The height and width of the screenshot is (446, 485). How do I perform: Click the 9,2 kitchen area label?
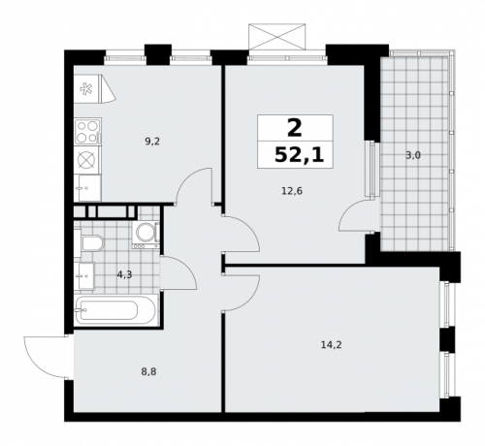tap(152, 142)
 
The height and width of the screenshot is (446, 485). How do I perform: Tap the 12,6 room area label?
tap(290, 190)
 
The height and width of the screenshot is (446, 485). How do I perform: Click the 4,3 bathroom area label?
tap(124, 274)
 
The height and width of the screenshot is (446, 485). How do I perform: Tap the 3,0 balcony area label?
tap(411, 154)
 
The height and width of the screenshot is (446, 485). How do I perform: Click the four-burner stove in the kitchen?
tap(87, 128)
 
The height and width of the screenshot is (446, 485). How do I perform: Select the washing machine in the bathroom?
tap(146, 232)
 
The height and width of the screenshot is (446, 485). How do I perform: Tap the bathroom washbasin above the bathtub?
tap(85, 275)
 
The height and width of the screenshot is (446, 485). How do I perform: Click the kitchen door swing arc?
tap(195, 184)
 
